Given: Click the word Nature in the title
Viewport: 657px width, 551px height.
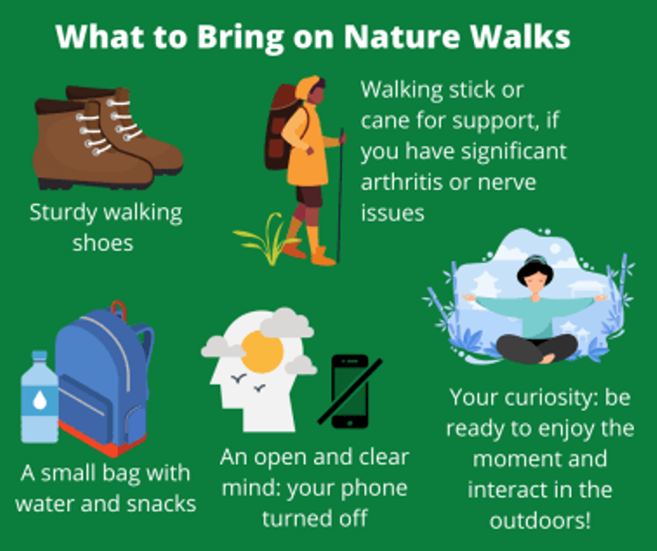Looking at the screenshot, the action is pyautogui.click(x=403, y=36).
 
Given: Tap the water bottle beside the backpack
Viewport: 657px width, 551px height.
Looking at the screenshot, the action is pyautogui.click(x=40, y=396).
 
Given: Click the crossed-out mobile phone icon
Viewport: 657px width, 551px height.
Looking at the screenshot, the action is pyautogui.click(x=350, y=392).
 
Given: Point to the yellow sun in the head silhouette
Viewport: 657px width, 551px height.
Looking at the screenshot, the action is pyautogui.click(x=263, y=352).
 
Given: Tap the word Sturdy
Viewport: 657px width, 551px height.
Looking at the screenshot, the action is pyautogui.click(x=64, y=213).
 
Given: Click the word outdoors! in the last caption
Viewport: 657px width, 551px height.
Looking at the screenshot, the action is pyautogui.click(x=540, y=521).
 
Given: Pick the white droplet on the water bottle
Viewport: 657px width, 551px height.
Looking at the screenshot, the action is pyautogui.click(x=40, y=400).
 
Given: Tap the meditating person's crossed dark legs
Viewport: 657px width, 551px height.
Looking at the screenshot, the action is pyautogui.click(x=537, y=348).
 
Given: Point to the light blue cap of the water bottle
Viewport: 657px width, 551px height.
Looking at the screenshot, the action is pyautogui.click(x=40, y=356).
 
